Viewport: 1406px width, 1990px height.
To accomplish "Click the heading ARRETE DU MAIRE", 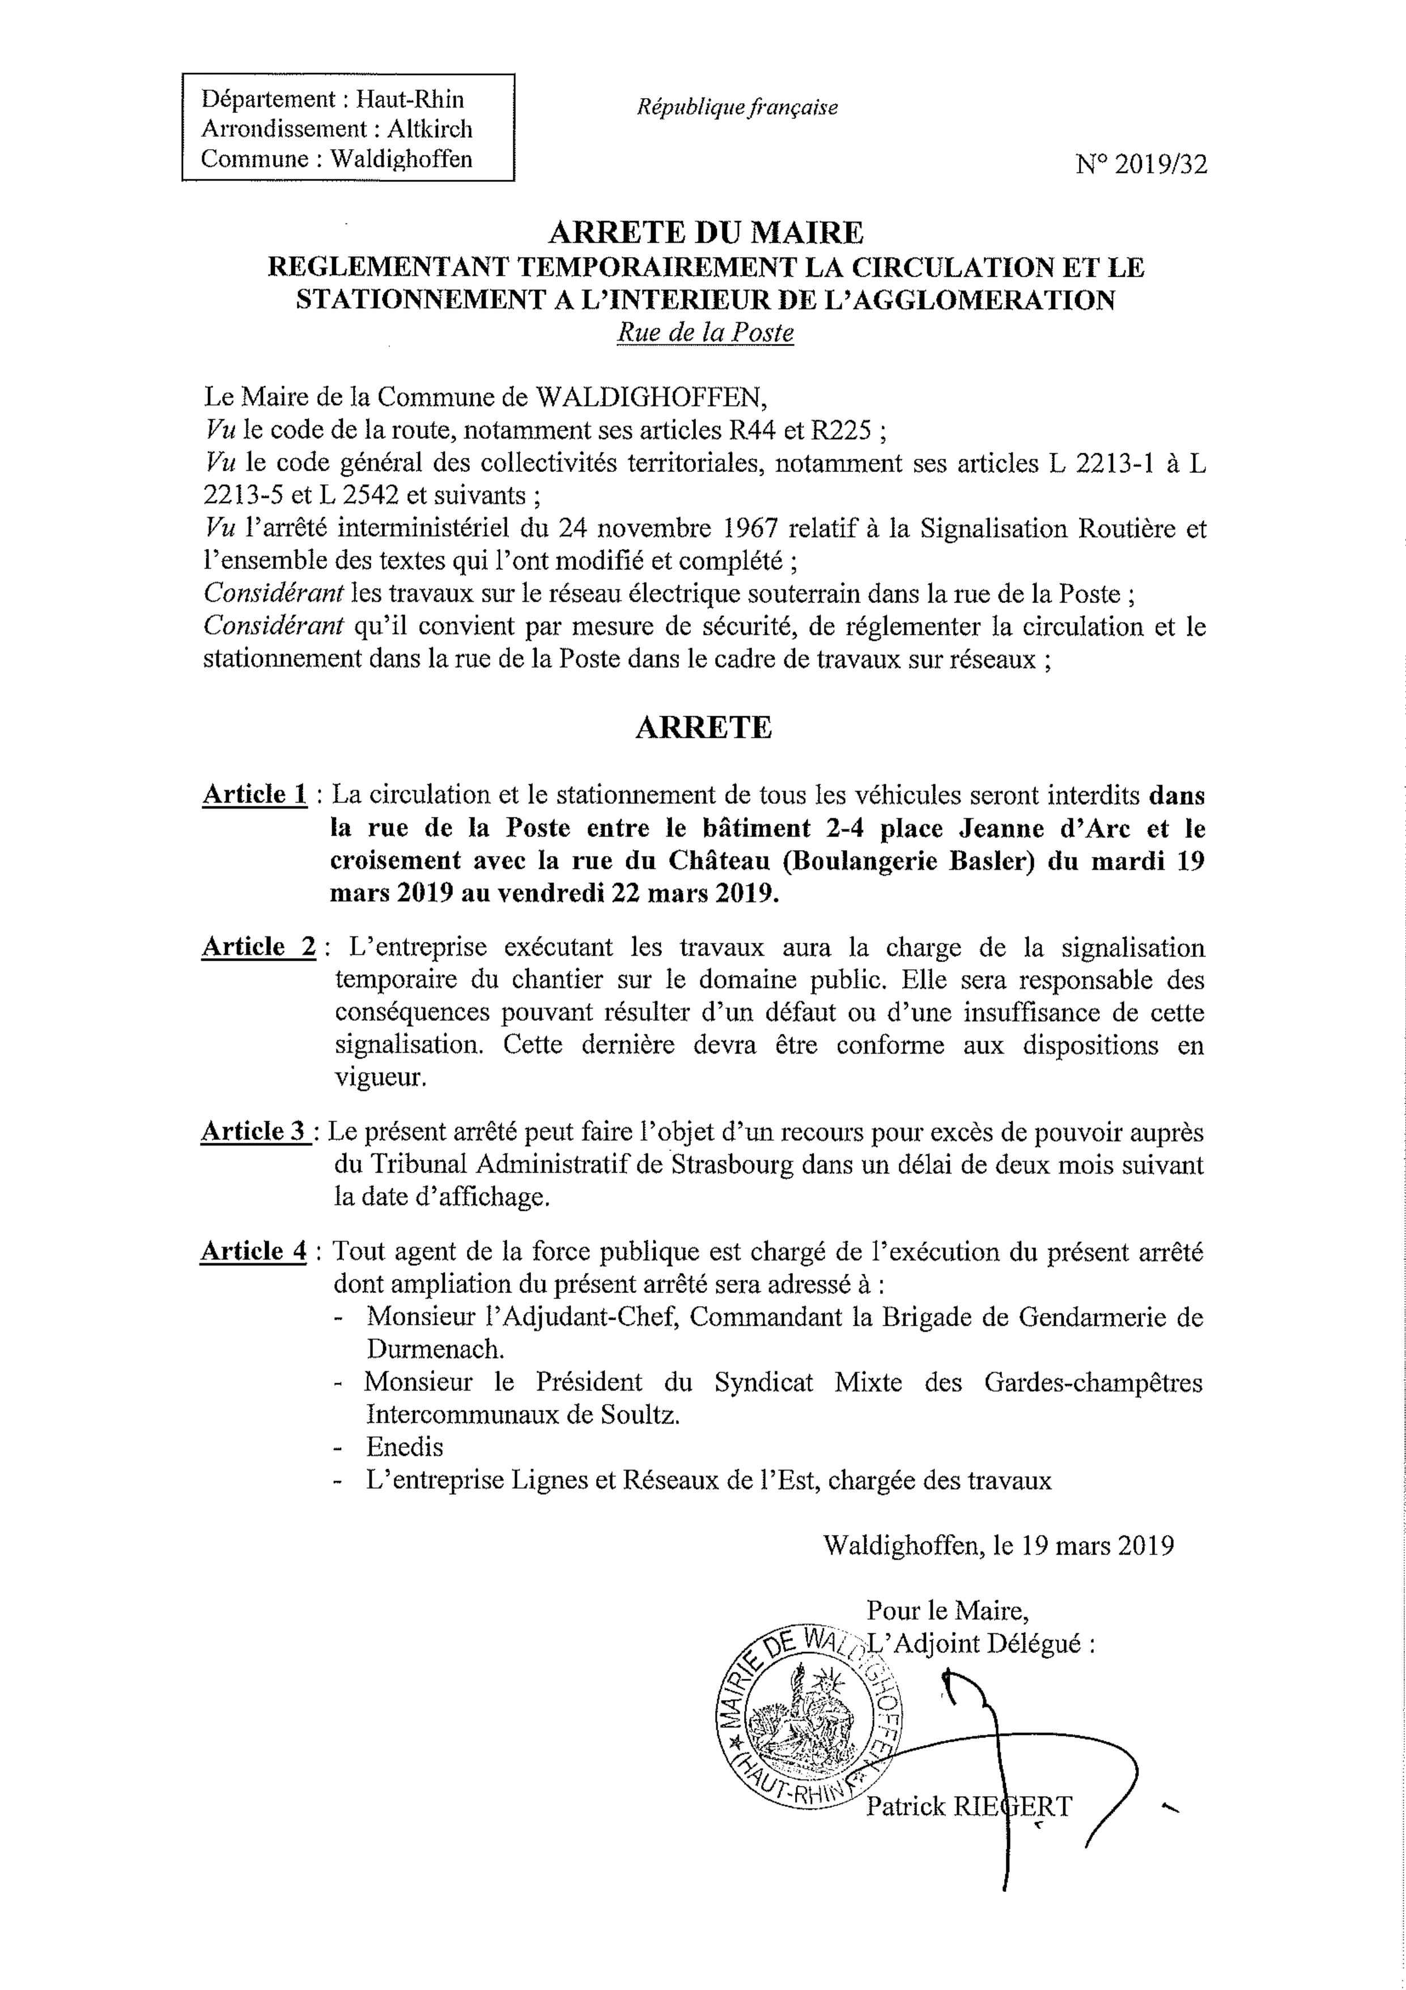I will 706,233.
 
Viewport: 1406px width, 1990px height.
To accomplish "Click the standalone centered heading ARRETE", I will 703,727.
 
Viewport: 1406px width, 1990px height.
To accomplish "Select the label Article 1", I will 254,794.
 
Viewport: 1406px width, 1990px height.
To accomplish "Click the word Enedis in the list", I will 405,1447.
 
